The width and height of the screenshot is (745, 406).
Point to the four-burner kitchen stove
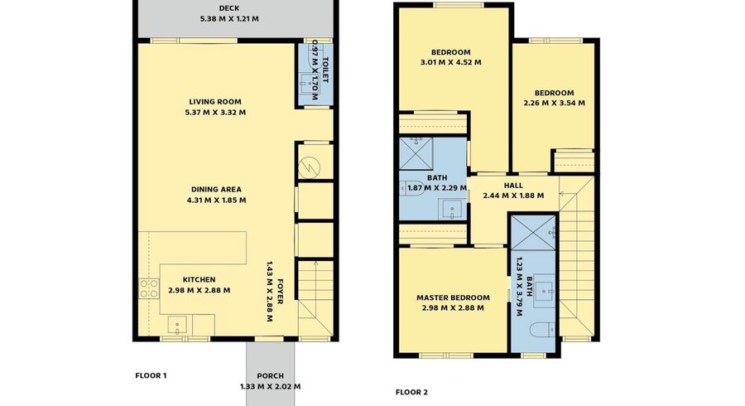tap(149, 288)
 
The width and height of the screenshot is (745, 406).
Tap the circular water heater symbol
tap(314, 166)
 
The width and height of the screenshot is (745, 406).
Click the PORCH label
tap(270, 375)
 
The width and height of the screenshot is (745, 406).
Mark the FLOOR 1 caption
tap(151, 375)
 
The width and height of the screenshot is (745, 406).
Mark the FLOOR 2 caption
tap(411, 392)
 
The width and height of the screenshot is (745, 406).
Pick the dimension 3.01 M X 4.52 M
tap(451, 61)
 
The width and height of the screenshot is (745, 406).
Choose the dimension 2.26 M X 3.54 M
tap(554, 103)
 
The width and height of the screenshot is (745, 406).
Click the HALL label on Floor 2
tap(513, 186)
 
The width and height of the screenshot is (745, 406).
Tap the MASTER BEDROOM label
tap(452, 297)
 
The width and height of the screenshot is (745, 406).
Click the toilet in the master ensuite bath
tap(539, 331)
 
